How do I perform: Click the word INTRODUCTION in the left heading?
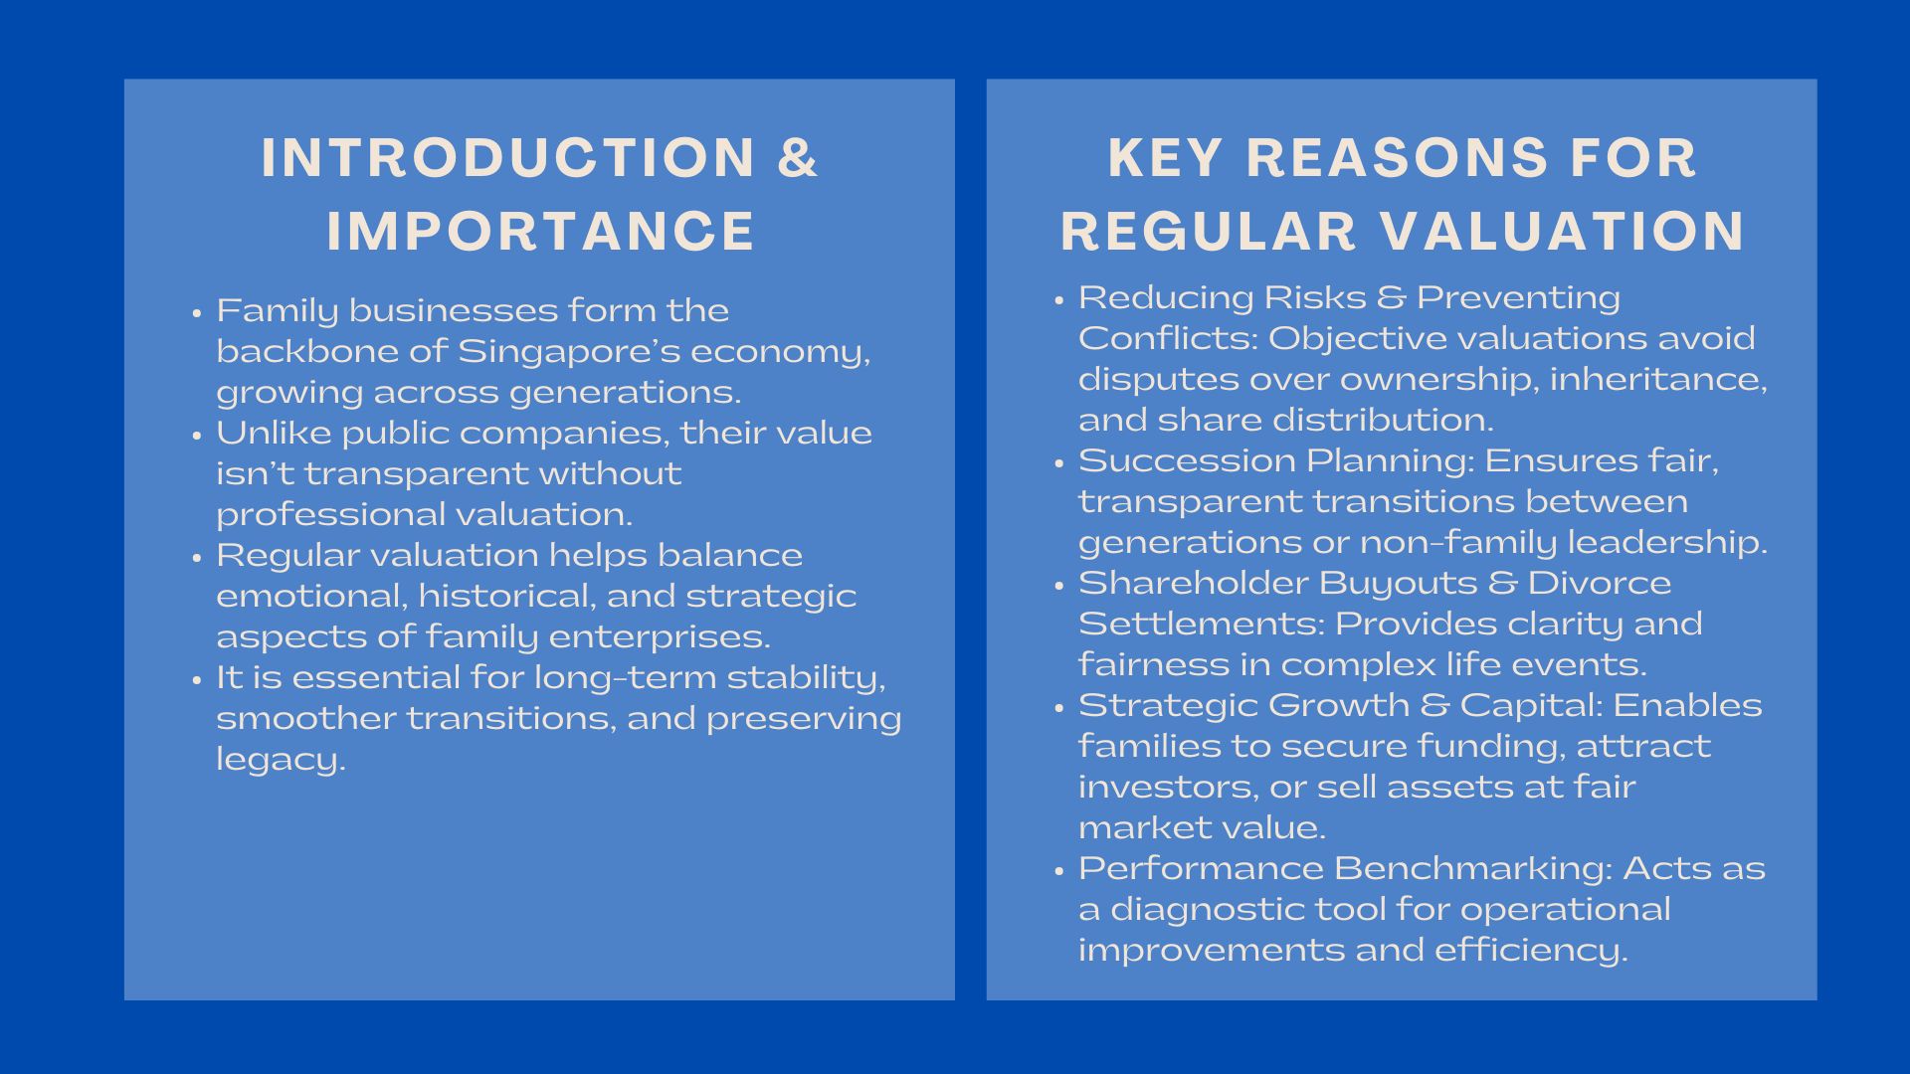tap(508, 158)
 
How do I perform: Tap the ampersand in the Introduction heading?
tap(798, 158)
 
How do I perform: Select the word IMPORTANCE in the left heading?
tap(541, 231)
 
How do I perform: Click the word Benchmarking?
tap(1468, 870)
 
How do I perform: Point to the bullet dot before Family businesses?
tap(197, 312)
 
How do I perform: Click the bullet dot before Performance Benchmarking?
tap(1059, 870)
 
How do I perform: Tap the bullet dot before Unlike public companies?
tap(197, 435)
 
